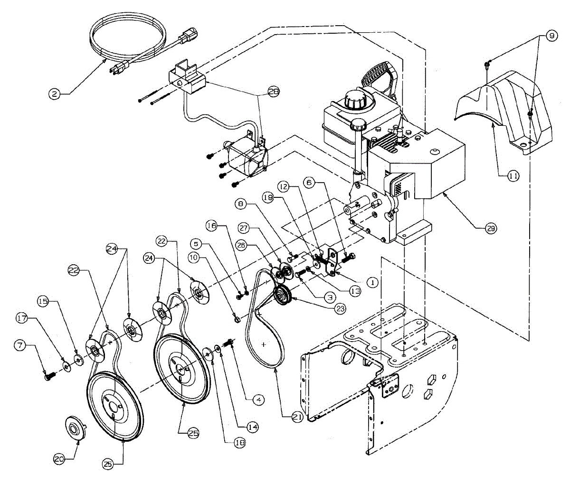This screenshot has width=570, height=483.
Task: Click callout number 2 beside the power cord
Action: coord(54,94)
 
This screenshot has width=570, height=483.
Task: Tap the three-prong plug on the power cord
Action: coord(119,68)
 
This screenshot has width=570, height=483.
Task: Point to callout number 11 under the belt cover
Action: coord(513,175)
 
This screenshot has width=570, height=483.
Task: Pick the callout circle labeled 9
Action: coord(551,36)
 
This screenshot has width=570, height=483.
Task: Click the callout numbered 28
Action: coord(273,92)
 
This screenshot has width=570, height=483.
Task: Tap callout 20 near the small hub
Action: coord(59,459)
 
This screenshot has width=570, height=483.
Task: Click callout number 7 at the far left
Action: coord(19,345)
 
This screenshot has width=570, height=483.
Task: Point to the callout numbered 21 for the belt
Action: coord(297,417)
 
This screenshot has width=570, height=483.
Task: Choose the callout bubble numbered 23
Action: coord(340,308)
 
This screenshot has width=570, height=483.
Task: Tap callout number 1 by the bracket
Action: coord(372,282)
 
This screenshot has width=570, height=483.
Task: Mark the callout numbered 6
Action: coord(309,182)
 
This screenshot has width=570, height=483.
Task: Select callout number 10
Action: coord(194,258)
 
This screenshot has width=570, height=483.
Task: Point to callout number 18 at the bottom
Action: coord(239,443)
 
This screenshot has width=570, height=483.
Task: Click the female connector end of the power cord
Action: coord(188,36)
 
